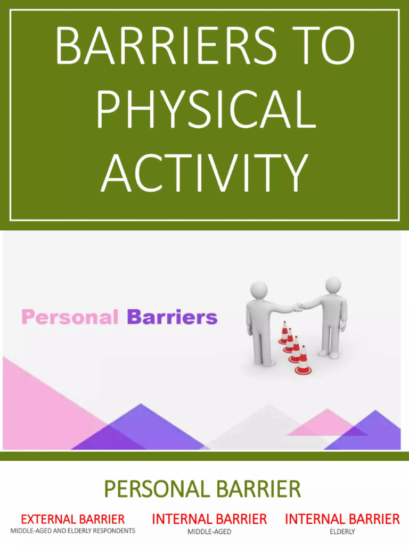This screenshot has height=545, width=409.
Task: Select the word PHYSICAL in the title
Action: pos(205,110)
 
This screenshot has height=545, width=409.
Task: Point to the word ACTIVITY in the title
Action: pos(205,173)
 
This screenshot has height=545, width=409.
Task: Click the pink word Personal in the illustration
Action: pos(70,317)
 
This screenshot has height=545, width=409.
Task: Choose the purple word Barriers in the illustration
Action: pos(172,317)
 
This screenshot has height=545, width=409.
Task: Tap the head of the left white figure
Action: pos(259,291)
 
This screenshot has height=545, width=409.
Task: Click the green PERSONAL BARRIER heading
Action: pos(202,489)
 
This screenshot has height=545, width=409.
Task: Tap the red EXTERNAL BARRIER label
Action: pos(72,519)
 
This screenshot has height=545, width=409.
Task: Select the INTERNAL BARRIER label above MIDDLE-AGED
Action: pos(209,518)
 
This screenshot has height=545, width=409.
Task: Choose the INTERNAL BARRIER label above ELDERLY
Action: pos(342,518)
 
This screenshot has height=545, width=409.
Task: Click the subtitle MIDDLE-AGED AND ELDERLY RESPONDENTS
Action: pos(72,531)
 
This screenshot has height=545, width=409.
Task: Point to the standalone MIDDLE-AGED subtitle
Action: pos(209,532)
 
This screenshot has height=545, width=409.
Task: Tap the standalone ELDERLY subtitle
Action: pos(342,532)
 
